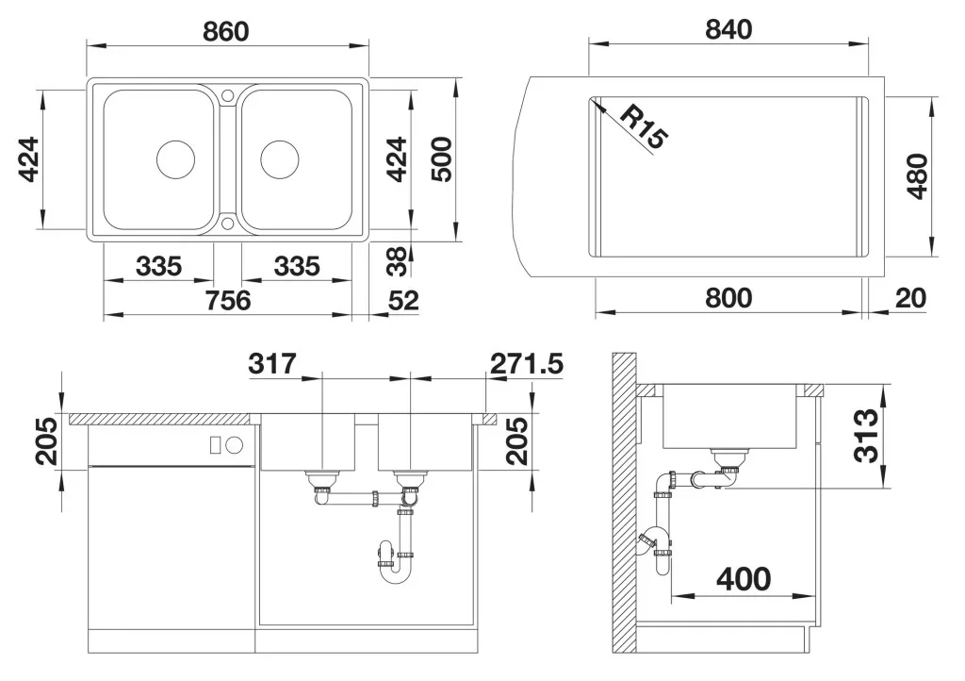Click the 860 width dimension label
226,31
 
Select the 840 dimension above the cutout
728,29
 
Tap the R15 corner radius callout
643,127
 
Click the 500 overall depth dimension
441,159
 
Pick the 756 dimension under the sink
228,301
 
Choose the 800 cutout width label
728,298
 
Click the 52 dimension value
403,301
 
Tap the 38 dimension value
398,261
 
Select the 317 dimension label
272,364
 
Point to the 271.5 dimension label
527,364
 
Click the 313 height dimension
867,435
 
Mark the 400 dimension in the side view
744,579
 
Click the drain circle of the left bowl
176,159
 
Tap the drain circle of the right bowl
280,159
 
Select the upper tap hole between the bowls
228,95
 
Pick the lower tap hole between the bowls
228,223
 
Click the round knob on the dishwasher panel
235,444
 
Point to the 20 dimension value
911,298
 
